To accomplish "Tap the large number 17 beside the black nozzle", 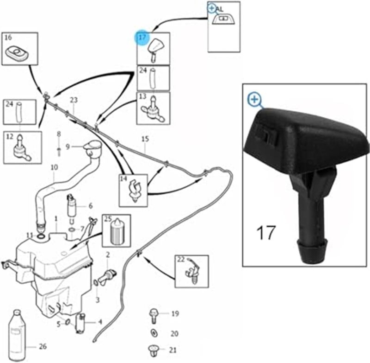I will pos(266,232).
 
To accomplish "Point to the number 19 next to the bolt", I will pos(175,314).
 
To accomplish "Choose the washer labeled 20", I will pos(154,333).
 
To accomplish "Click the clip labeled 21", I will pos(153,349).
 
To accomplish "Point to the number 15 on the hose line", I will pos(145,139).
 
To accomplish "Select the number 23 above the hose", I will pos(74,100).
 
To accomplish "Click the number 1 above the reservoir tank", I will pos(56,218).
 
